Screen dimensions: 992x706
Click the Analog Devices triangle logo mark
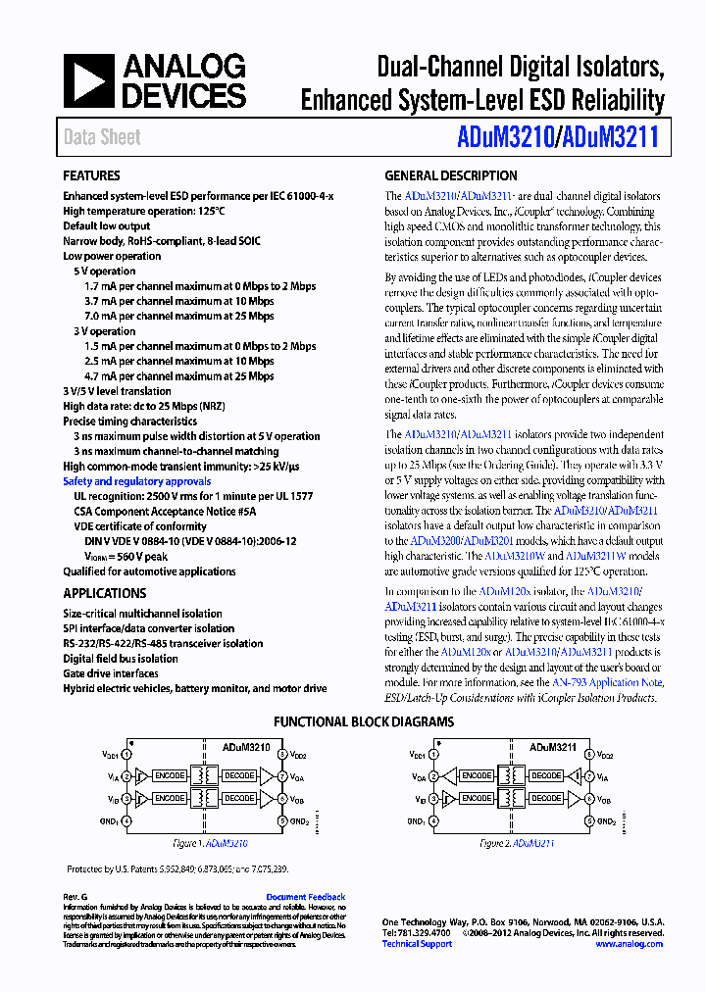[x=89, y=80]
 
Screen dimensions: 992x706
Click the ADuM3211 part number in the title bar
[x=615, y=137]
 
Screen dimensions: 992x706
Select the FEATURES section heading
[x=92, y=176]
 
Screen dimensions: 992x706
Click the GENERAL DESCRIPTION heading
[x=451, y=176]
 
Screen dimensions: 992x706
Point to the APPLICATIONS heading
[x=105, y=593]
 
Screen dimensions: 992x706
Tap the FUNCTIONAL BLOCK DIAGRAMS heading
[x=364, y=722]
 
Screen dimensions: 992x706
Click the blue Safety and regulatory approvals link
[x=136, y=481]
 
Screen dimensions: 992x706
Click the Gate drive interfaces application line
[x=111, y=673]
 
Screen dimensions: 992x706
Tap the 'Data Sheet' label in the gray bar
[x=102, y=137]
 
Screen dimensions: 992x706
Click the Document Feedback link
[x=305, y=897]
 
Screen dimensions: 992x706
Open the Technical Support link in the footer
[x=417, y=944]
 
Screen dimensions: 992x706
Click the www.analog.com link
[x=629, y=944]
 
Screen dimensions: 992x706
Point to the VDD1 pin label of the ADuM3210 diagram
[x=111, y=756]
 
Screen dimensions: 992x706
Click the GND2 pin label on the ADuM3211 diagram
[x=607, y=821]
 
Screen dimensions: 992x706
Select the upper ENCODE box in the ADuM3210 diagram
[x=169, y=776]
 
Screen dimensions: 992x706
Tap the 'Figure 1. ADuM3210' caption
[x=210, y=843]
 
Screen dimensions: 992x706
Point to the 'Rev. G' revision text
[x=76, y=897]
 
